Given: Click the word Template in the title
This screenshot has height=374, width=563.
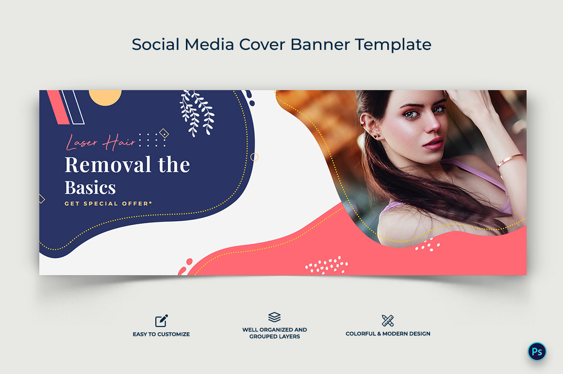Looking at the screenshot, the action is (x=393, y=45).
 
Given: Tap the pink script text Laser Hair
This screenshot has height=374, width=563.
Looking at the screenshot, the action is (x=100, y=142).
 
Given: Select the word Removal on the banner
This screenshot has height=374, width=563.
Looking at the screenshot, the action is (x=107, y=165).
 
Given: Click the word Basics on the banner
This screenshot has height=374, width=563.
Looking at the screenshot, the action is (x=90, y=187).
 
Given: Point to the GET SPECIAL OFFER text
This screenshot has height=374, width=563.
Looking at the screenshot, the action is (x=108, y=203).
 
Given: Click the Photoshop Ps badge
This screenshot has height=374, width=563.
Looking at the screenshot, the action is (x=537, y=351).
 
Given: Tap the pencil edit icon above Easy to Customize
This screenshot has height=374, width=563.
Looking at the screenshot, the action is (x=162, y=321).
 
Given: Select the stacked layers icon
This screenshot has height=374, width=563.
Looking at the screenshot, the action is (x=274, y=317).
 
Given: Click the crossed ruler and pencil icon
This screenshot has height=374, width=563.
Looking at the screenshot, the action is (x=388, y=321).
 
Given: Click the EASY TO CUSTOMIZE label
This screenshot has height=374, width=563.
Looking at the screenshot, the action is (x=161, y=334).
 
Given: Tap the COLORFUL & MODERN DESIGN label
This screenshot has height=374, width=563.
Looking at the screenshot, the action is (x=388, y=333).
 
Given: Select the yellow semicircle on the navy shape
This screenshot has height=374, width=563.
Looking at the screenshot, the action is (x=105, y=98).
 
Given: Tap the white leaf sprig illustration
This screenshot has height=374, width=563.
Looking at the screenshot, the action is (x=197, y=113).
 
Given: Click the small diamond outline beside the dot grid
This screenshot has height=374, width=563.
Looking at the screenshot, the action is (x=164, y=134).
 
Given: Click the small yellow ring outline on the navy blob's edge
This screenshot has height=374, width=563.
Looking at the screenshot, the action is (x=254, y=157).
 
